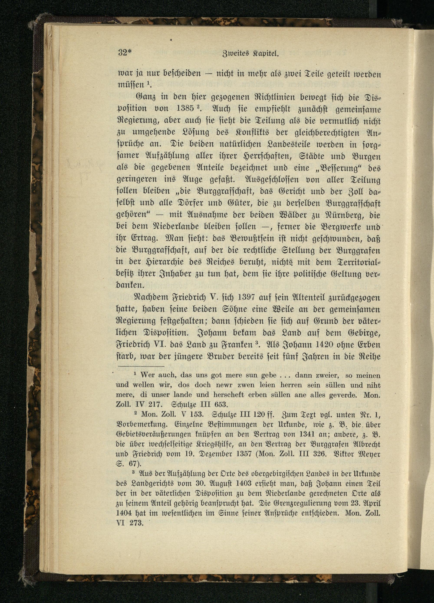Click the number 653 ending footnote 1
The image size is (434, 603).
220,405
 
